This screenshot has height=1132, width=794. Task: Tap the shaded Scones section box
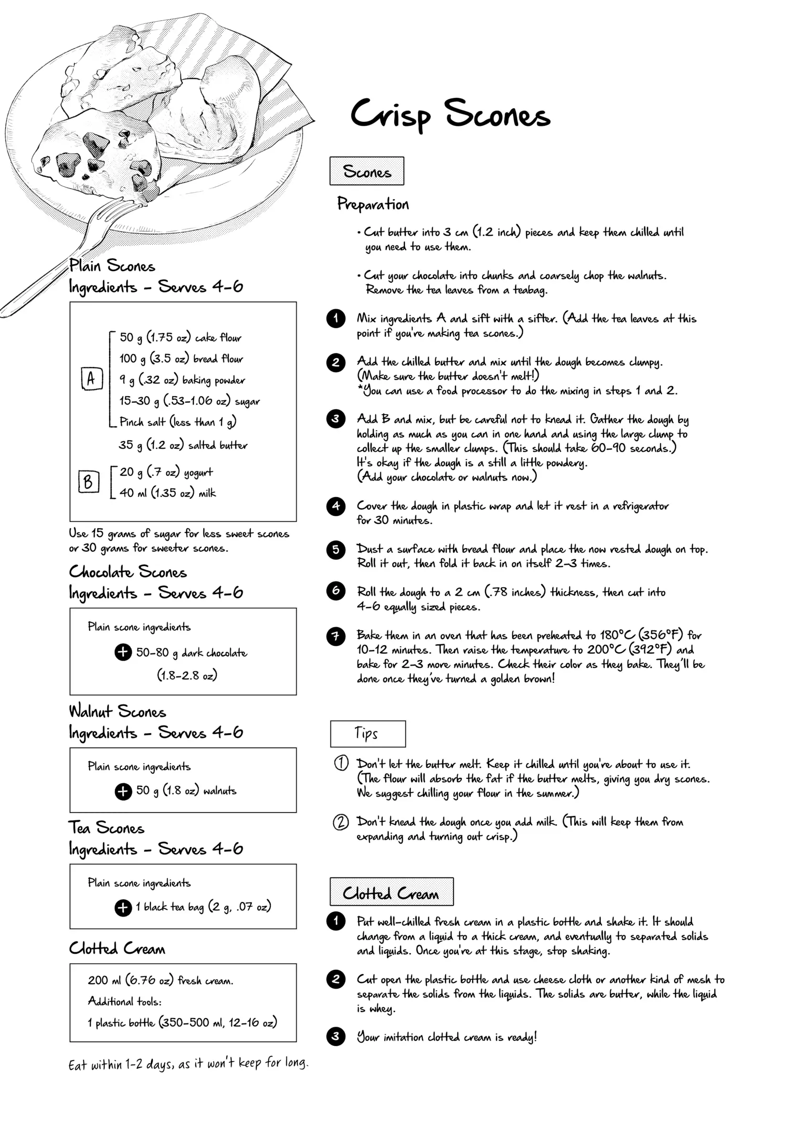pyautogui.click(x=367, y=171)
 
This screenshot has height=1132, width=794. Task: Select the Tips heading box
pyautogui.click(x=368, y=734)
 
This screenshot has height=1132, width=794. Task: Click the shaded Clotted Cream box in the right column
pyautogui.click(x=391, y=892)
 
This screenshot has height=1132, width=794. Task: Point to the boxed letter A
pyautogui.click(x=92, y=379)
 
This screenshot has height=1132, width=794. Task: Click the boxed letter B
pyautogui.click(x=89, y=481)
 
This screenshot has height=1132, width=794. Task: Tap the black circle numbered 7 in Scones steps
pyautogui.click(x=336, y=636)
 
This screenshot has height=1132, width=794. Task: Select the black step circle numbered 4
pyautogui.click(x=336, y=506)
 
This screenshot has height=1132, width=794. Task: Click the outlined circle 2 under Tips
pyautogui.click(x=341, y=822)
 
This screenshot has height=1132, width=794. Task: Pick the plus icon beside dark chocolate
pyautogui.click(x=123, y=652)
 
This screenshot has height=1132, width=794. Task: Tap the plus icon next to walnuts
pyautogui.click(x=123, y=791)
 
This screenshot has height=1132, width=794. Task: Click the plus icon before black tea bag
pyautogui.click(x=123, y=907)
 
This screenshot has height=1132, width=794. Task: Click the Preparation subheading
pyautogui.click(x=373, y=204)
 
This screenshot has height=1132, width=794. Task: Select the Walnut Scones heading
pyautogui.click(x=118, y=711)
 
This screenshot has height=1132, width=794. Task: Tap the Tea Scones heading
pyautogui.click(x=106, y=828)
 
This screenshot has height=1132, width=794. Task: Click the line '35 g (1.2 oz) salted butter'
pyautogui.click(x=183, y=445)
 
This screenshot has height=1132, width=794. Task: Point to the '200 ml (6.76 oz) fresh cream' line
pyautogui.click(x=160, y=980)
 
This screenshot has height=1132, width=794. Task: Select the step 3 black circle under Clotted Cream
pyautogui.click(x=336, y=1036)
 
